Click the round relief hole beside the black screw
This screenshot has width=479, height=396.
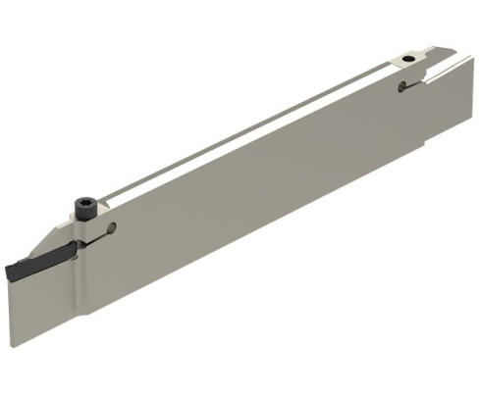(111, 229)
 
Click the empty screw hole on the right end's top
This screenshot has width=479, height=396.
(406, 61)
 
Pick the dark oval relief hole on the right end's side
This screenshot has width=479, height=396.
(401, 90)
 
